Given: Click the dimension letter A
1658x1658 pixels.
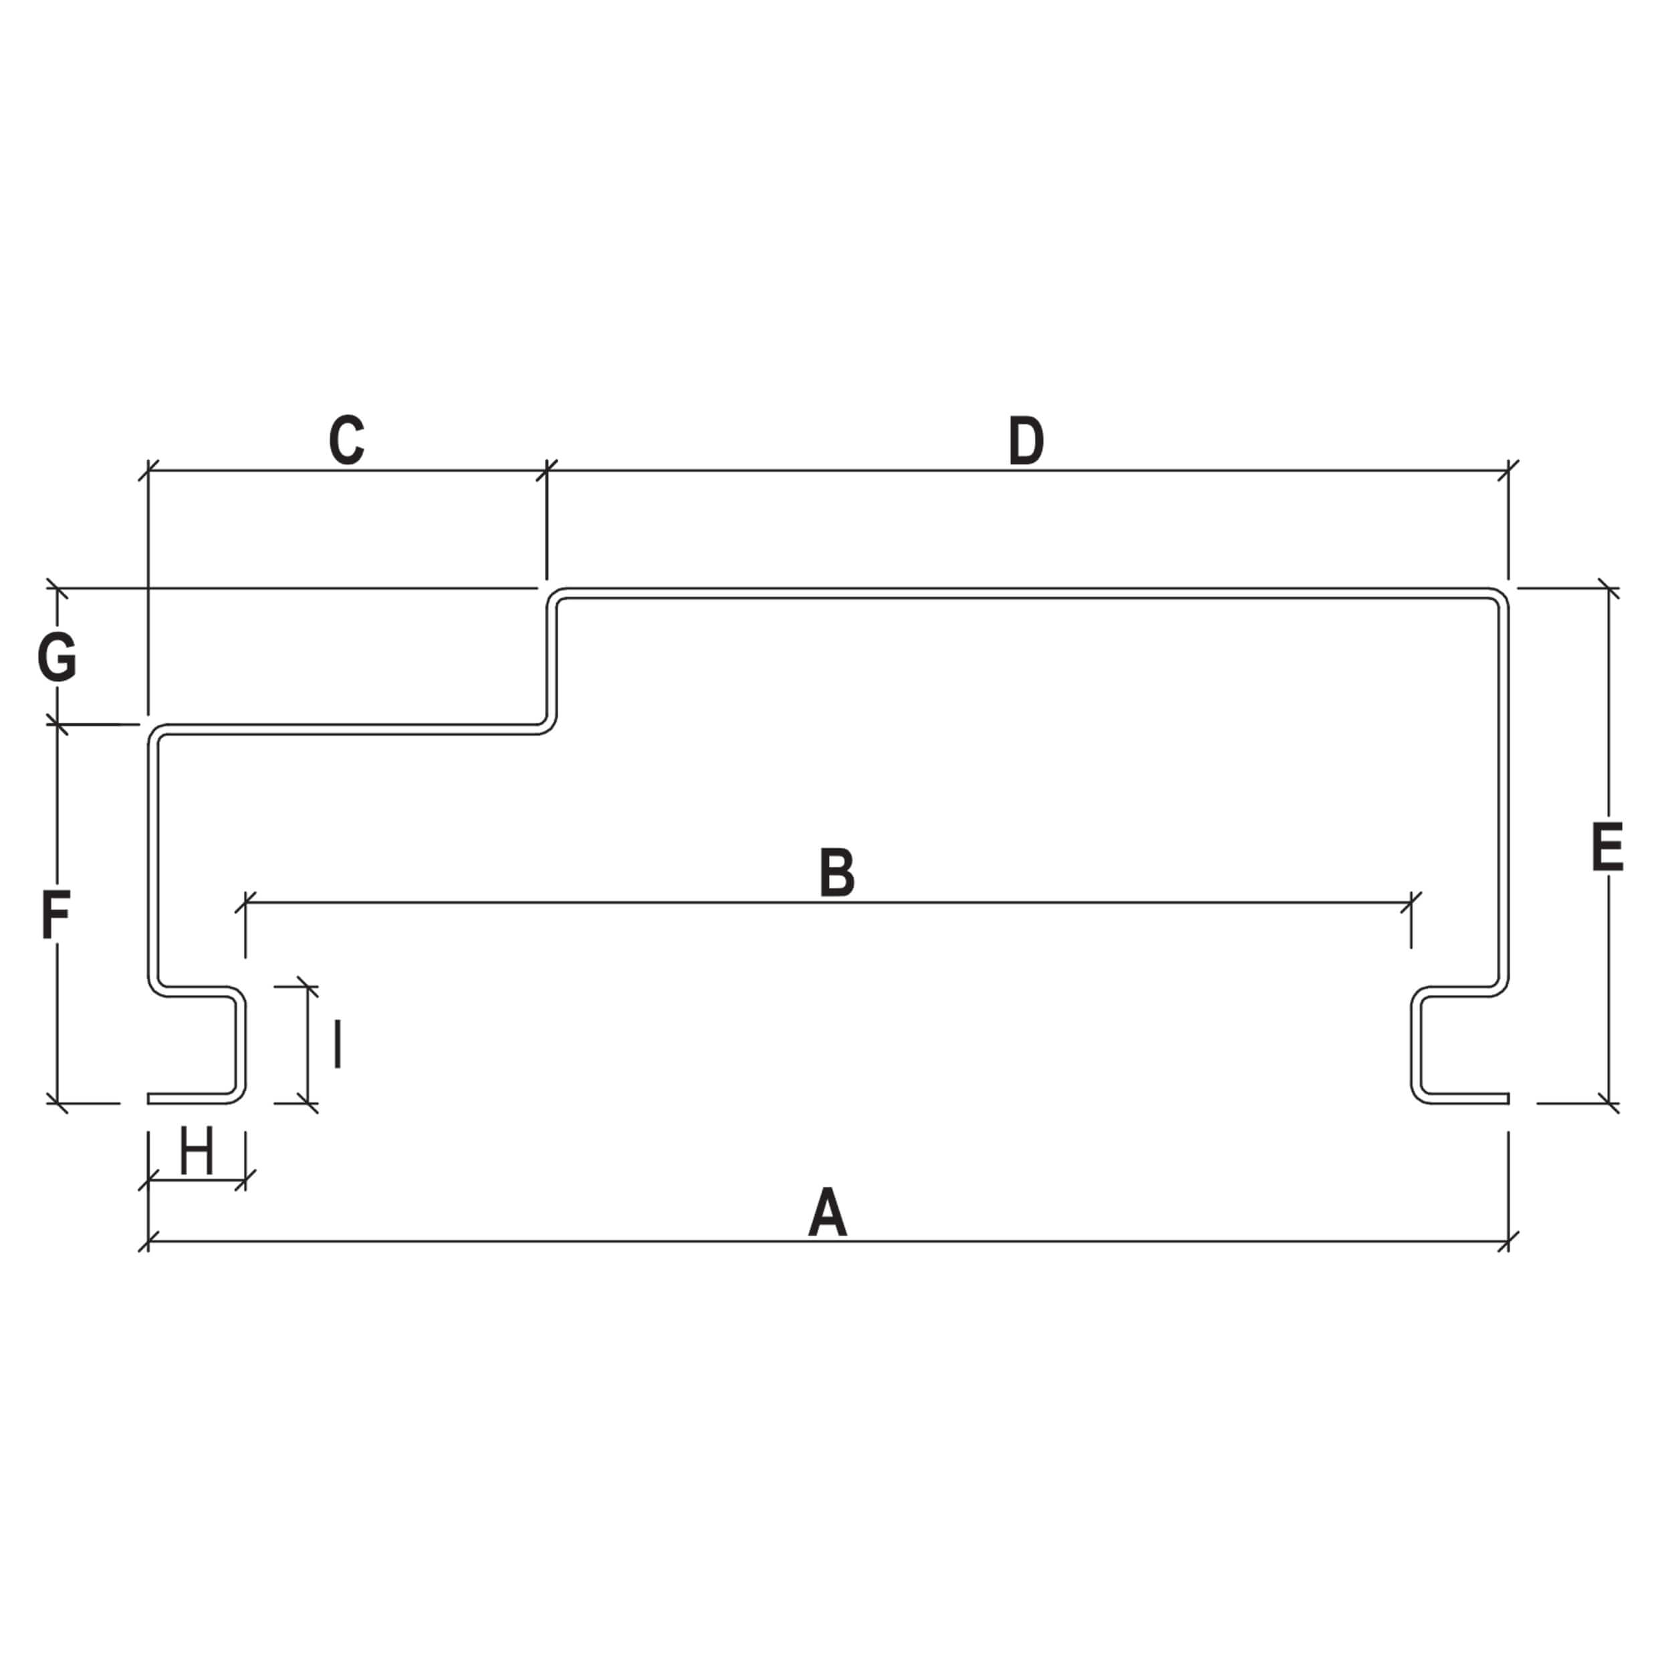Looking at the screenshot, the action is tap(827, 1212).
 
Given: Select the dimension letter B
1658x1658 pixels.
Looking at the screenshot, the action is tap(837, 872).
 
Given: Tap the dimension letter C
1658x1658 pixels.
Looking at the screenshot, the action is tap(347, 441).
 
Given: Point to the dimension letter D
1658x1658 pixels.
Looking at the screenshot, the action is tap(1026, 441).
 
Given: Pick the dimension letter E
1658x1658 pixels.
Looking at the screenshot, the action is tap(1607, 847).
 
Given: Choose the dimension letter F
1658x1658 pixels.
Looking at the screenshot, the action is tap(55, 915).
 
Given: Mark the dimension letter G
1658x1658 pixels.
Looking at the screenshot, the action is tap(57, 657).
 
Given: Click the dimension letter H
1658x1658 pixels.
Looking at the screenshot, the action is tap(197, 1152).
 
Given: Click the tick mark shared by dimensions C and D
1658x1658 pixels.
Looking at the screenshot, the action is tap(547, 470).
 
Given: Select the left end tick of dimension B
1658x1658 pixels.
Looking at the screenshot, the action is tap(245, 903).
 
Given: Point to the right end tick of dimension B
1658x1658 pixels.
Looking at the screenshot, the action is tap(1411, 903).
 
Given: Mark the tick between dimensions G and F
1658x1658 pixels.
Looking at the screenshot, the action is tap(57, 724).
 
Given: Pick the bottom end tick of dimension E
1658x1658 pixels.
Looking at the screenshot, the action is tap(1609, 1104).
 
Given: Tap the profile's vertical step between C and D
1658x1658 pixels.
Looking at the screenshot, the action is tap(552, 661).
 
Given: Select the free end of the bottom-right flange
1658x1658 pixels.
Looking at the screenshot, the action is tap(1508, 1098).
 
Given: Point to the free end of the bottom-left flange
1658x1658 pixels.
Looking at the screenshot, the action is tap(149, 1098).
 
